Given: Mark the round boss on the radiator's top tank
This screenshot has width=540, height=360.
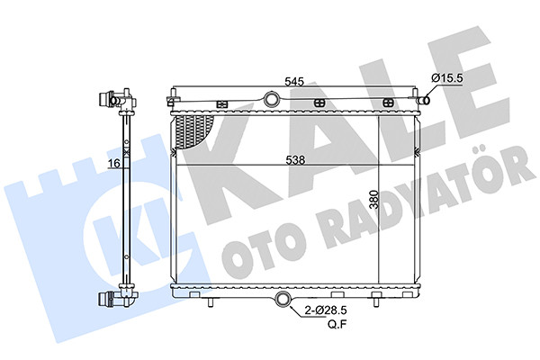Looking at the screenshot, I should pyautogui.click(x=272, y=99).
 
